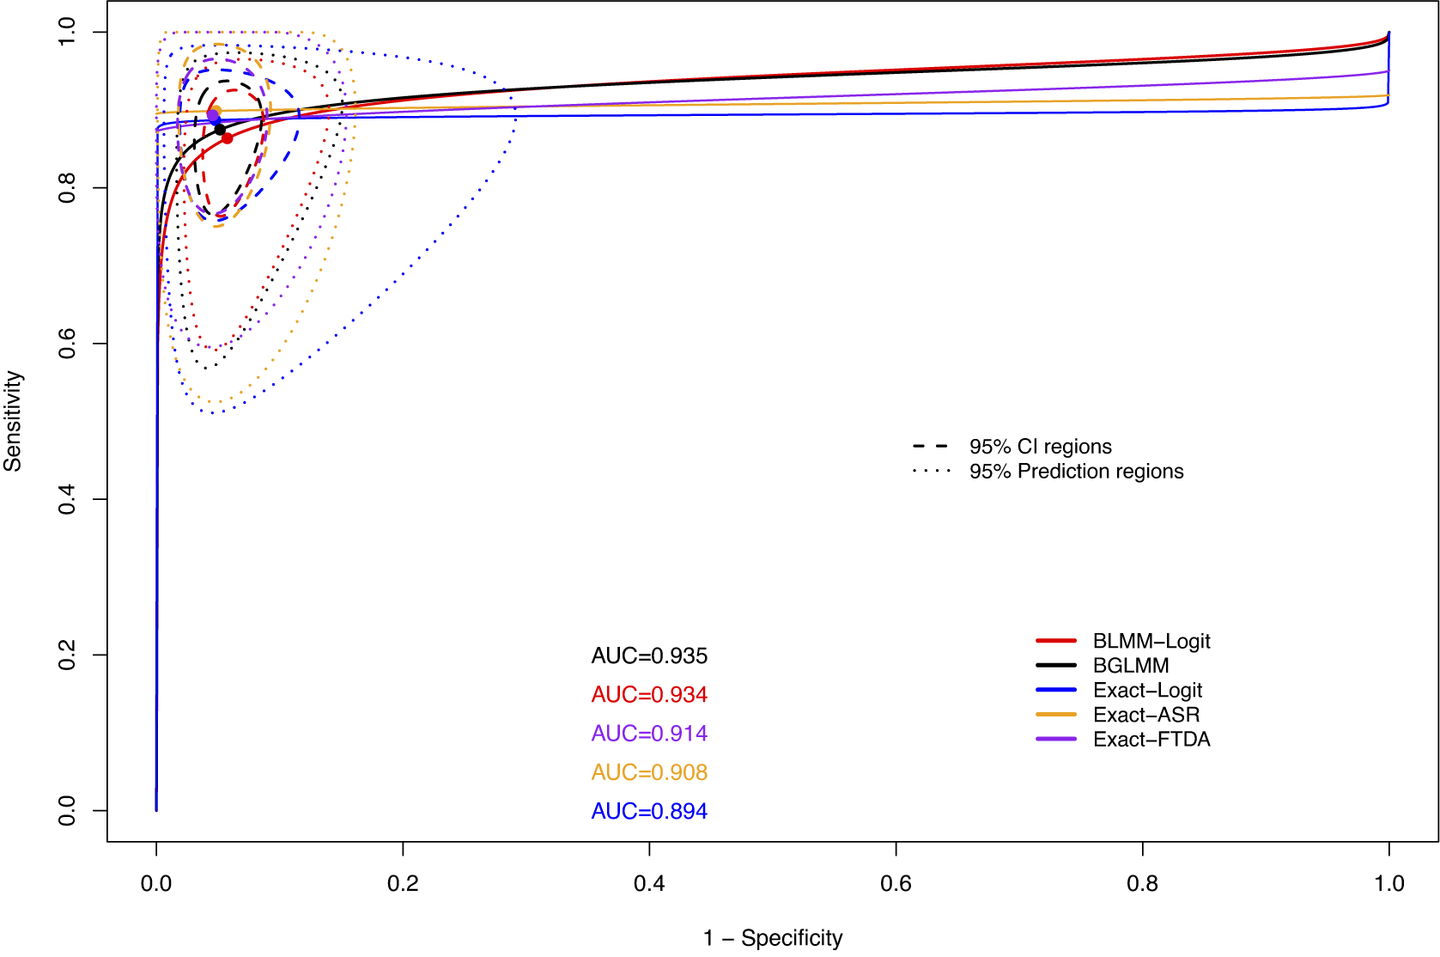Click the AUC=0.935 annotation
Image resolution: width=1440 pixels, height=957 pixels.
click(649, 656)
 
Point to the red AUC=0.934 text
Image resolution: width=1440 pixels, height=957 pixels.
click(649, 695)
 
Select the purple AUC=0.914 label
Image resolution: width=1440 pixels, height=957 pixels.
click(649, 734)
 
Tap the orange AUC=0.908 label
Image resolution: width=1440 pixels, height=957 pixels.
click(649, 772)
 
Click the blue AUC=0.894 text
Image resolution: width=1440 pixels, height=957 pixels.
click(649, 811)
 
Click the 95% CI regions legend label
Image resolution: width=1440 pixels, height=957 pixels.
click(1040, 447)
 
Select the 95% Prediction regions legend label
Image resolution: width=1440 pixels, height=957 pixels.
click(1076, 472)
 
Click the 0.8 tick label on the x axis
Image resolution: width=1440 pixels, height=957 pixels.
click(1142, 883)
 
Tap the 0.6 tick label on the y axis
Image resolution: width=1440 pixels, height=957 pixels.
click(67, 344)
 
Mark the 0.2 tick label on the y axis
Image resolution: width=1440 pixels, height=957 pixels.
click(67, 655)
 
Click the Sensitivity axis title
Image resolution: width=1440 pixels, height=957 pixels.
click(13, 421)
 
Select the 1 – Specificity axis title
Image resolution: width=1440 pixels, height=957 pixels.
click(773, 938)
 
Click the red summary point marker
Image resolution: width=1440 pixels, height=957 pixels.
click(227, 137)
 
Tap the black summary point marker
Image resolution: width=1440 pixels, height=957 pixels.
click(220, 130)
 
